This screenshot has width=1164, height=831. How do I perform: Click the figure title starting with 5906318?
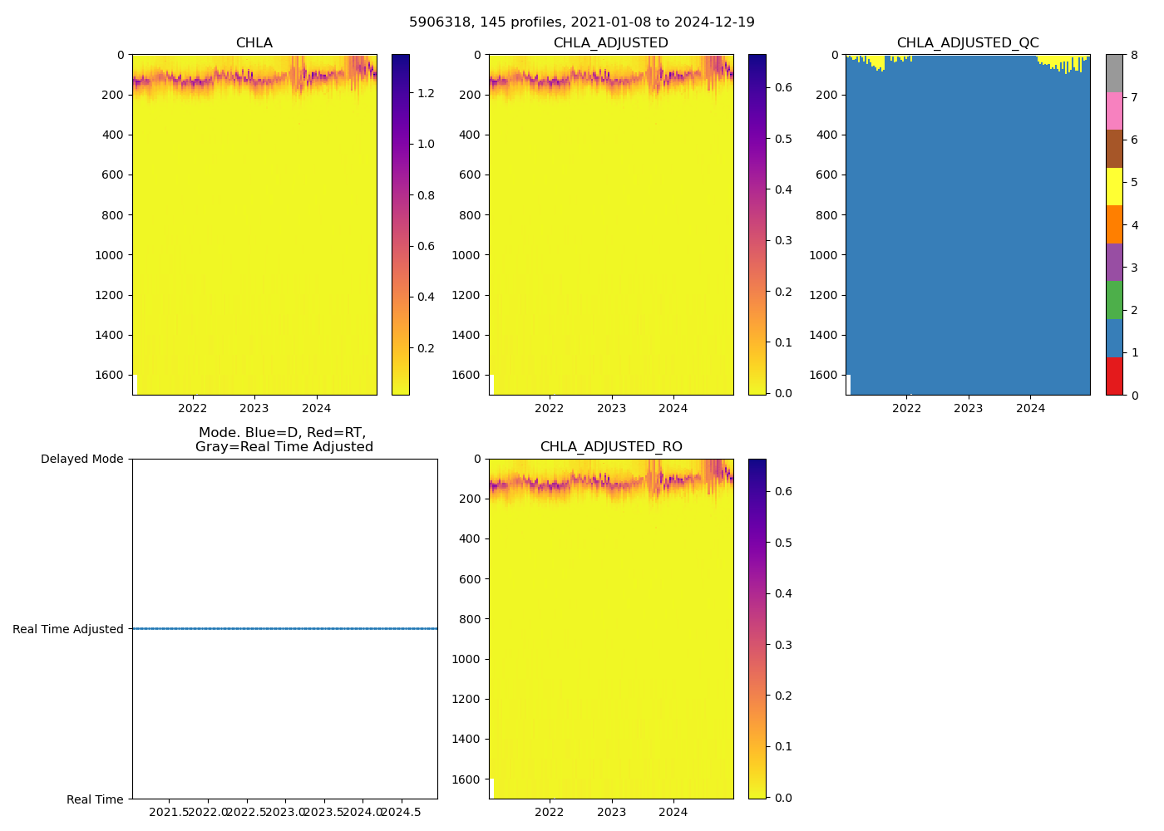coord(582,22)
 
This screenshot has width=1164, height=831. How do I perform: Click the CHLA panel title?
coord(254,43)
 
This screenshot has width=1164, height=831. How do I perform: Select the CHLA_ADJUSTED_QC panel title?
coord(968,43)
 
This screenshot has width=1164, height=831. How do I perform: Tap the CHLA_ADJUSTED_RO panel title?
coord(611,447)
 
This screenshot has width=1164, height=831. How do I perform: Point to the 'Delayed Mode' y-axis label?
coord(81,459)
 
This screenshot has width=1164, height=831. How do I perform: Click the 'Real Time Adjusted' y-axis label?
coord(68,629)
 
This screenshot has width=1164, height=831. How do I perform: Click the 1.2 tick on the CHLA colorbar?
coord(426,93)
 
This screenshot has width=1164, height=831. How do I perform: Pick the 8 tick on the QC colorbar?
coord(1133,56)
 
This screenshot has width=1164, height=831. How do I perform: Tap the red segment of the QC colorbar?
coord(1114,376)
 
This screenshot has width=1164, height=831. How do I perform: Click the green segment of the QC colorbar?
coord(1114,300)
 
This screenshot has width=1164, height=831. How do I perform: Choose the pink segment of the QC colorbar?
coord(1114,111)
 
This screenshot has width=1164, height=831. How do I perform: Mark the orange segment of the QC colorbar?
coord(1114,224)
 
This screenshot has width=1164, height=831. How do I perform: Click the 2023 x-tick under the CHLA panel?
coord(254,408)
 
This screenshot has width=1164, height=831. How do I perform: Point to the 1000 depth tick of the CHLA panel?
coord(110,255)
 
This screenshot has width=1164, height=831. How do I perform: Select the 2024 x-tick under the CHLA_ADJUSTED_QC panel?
coord(1030,408)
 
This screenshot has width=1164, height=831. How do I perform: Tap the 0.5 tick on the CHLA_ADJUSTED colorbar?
coord(783,139)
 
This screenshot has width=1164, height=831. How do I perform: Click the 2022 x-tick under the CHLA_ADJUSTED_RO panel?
coord(550,812)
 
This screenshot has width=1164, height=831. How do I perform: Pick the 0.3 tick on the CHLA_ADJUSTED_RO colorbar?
coord(783,645)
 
